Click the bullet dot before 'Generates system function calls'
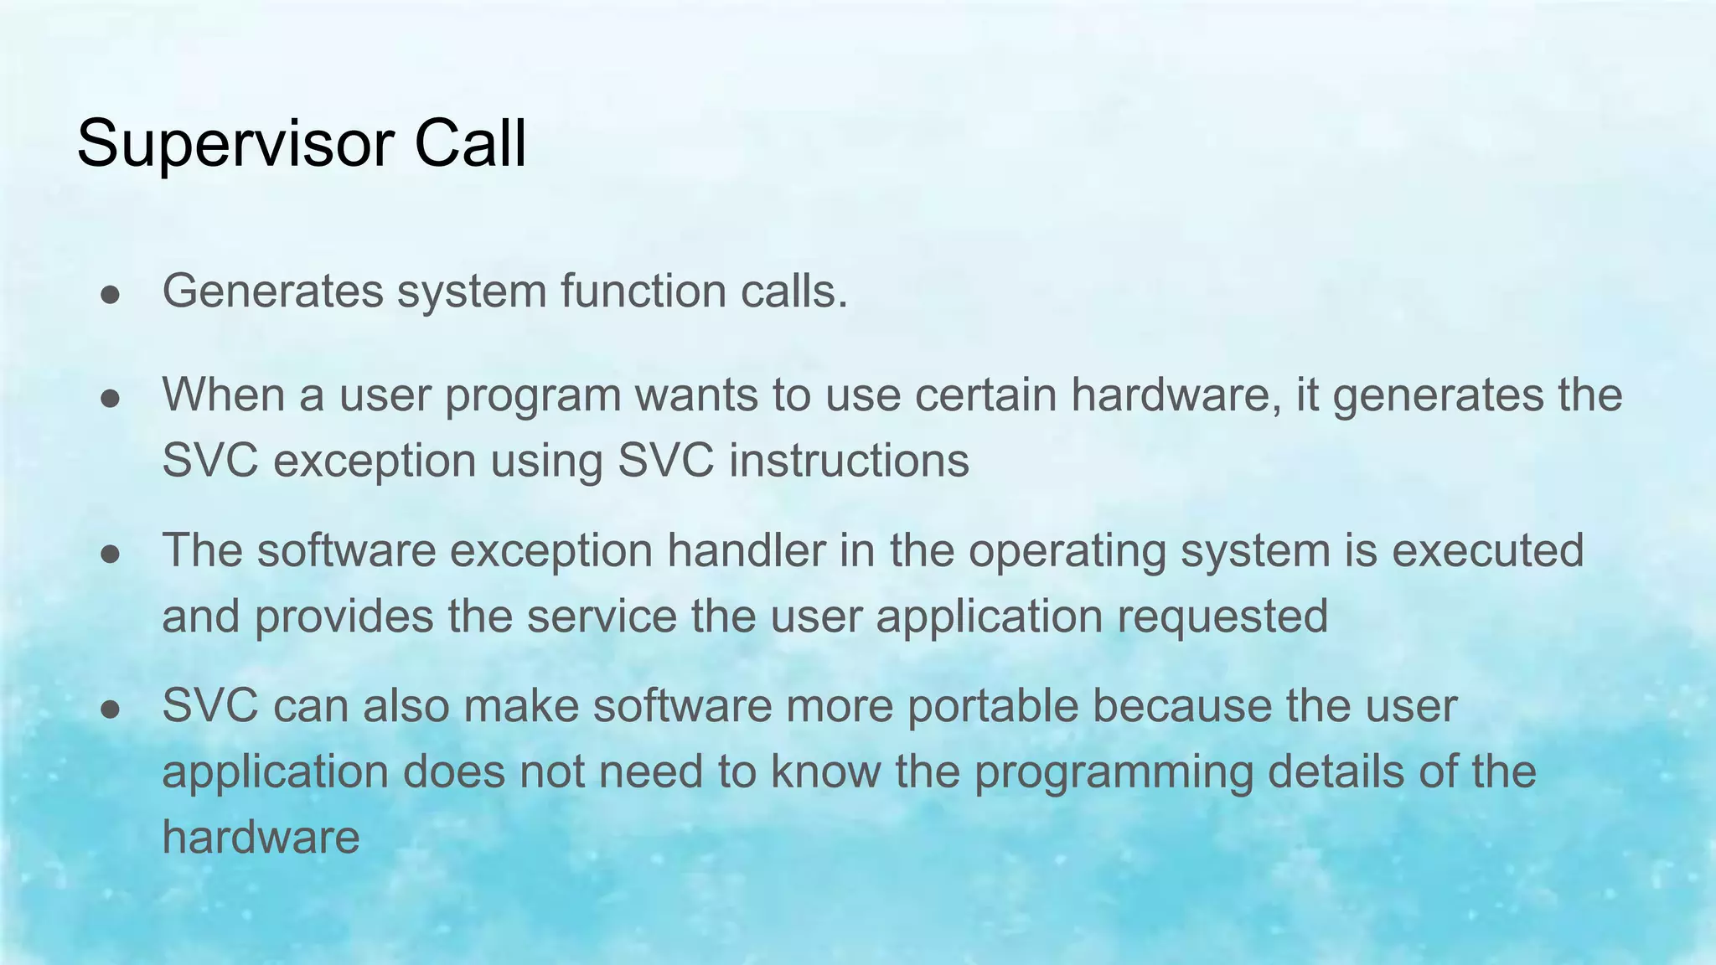click(111, 294)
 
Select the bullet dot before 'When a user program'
click(111, 398)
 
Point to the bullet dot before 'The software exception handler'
click(111, 554)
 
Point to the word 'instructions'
click(849, 461)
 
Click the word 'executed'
click(1487, 550)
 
